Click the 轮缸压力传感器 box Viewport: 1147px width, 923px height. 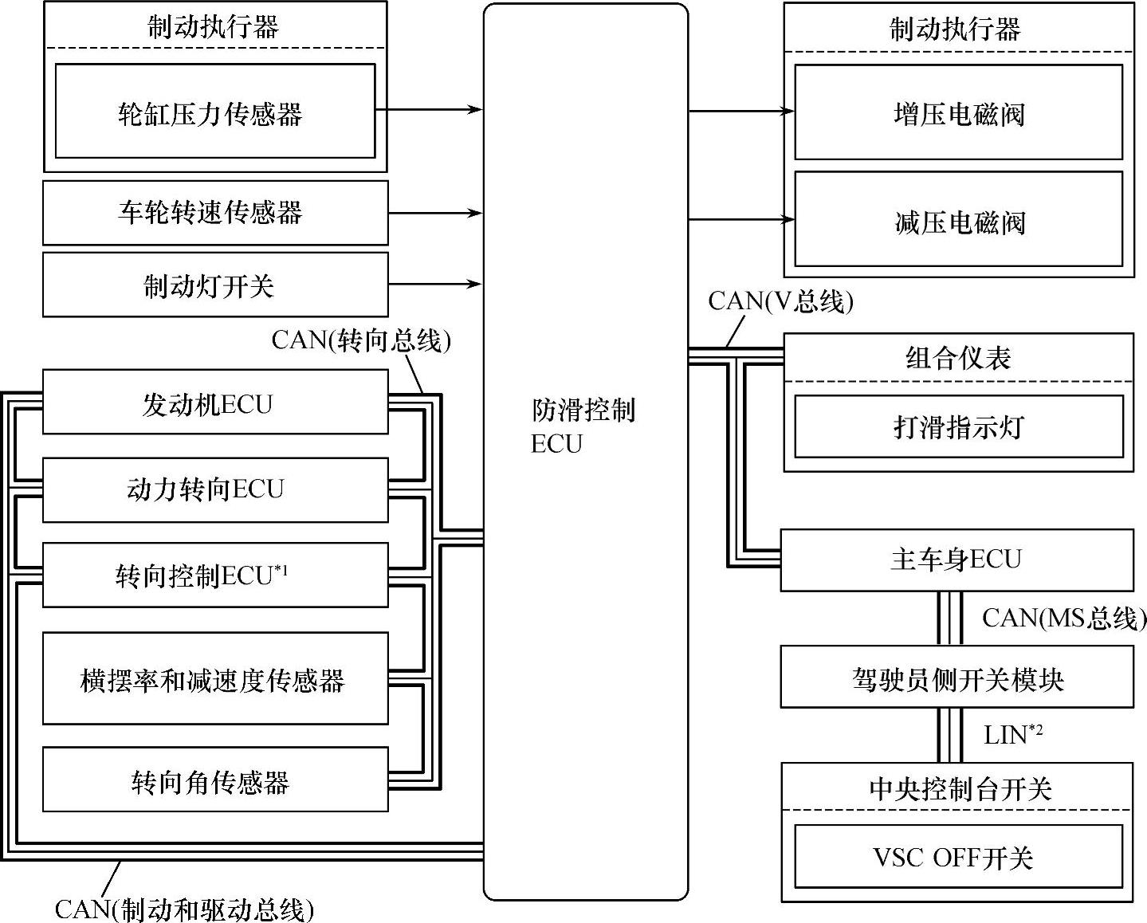214,111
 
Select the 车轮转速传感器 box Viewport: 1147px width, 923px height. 214,213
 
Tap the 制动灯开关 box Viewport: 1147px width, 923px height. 214,285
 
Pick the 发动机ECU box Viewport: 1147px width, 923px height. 214,402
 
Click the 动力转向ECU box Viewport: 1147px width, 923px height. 214,489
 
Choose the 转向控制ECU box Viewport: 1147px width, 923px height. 214,575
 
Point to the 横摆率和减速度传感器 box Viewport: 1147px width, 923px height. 214,678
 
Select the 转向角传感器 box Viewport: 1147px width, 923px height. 214,780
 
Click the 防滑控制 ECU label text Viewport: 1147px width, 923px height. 583,426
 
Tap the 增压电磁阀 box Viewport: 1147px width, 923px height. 958,112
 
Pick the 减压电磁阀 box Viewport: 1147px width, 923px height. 958,221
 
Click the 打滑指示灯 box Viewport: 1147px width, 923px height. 958,426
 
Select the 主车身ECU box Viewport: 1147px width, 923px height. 956,560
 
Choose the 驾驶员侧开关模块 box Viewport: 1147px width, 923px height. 956,677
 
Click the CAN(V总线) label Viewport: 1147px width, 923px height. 780,300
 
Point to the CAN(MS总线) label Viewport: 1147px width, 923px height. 1063,618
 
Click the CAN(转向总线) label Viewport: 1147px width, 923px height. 361,340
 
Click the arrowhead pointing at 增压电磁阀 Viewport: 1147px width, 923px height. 788,112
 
